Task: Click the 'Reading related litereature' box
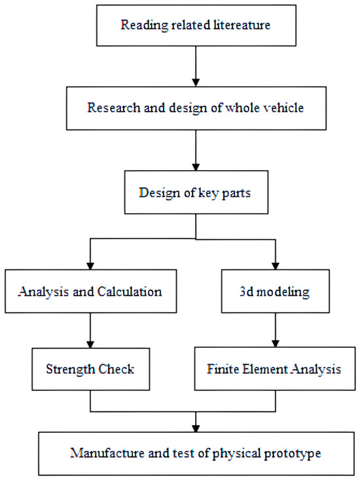[x=196, y=26]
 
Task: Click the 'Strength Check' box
[x=90, y=369]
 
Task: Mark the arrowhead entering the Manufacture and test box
[x=196, y=426]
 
